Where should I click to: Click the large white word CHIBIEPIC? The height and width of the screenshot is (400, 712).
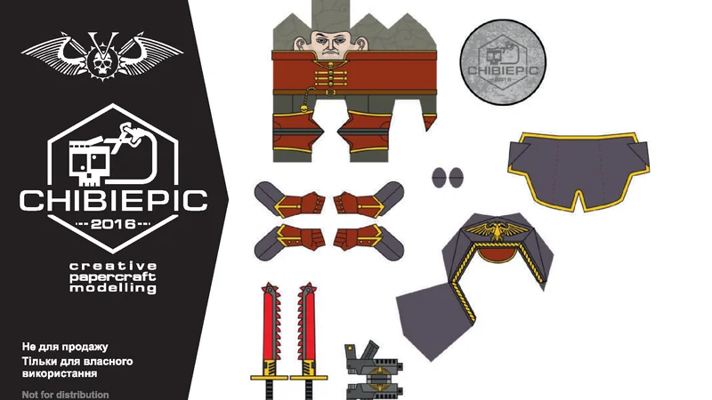pyautogui.click(x=114, y=200)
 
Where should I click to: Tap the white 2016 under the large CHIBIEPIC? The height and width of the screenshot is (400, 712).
pyautogui.click(x=113, y=224)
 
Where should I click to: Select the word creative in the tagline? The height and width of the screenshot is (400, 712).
pyautogui.click(x=113, y=266)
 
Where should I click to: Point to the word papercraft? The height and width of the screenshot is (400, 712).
pyautogui.click(x=113, y=277)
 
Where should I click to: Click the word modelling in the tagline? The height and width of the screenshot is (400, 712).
pyautogui.click(x=113, y=288)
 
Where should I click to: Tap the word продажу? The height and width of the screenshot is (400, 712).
pyautogui.click(x=85, y=348)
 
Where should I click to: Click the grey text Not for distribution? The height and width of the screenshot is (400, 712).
pyautogui.click(x=65, y=395)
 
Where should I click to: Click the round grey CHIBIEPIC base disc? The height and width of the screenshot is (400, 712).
pyautogui.click(x=503, y=62)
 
